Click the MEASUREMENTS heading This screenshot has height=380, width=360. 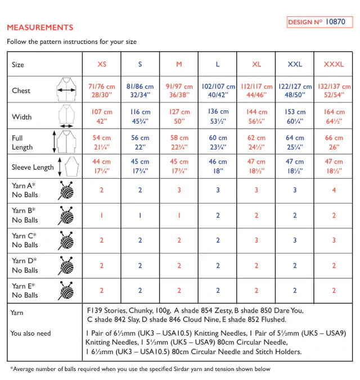(x=39, y=27)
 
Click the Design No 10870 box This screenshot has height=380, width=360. (x=319, y=22)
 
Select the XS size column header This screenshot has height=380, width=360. (x=102, y=64)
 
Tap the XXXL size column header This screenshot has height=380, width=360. (x=334, y=64)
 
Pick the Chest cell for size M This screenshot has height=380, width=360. (x=179, y=91)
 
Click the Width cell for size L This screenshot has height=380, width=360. (x=218, y=116)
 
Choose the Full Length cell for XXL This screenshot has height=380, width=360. (x=295, y=142)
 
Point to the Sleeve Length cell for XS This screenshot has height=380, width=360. (x=102, y=166)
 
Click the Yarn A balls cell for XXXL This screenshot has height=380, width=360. (x=334, y=190)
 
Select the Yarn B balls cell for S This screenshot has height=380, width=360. (x=140, y=215)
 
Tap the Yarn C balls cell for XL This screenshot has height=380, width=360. (x=256, y=240)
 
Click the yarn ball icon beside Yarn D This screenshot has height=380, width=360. (x=66, y=265)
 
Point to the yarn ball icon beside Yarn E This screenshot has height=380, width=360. (x=66, y=290)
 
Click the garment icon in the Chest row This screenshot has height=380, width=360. (x=67, y=90)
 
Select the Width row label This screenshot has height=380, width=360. (x=22, y=117)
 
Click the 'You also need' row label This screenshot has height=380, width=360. (x=30, y=333)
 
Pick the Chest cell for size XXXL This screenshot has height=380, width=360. (x=334, y=91)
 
